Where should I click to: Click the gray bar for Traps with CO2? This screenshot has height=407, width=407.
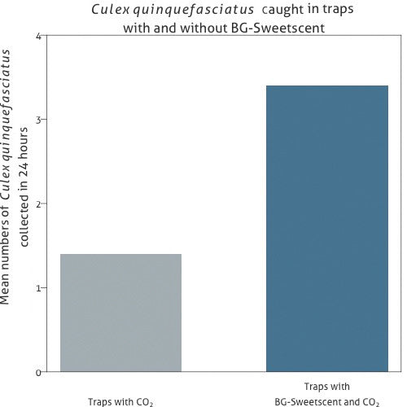[x=121, y=313]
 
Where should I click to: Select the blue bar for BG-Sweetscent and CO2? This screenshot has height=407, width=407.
[x=327, y=228]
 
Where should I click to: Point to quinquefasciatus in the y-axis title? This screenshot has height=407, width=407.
[x=7, y=105]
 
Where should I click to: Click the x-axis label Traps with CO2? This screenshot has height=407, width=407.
[x=120, y=401]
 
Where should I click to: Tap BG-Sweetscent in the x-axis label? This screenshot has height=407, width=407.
[x=303, y=401]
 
